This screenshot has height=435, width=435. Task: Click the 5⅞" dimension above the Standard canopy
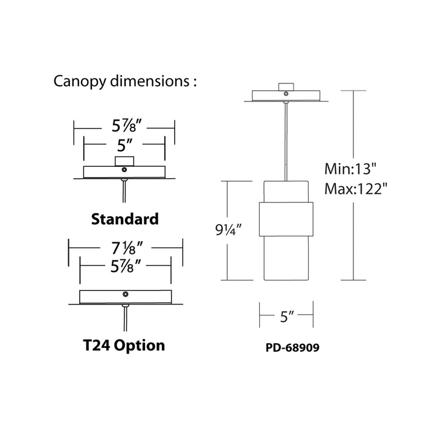tap(124, 127)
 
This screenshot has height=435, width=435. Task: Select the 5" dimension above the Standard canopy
tap(124, 146)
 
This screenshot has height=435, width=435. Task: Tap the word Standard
tap(124, 219)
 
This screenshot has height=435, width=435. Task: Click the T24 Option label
tap(123, 346)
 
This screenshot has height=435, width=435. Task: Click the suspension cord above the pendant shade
tap(285, 139)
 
